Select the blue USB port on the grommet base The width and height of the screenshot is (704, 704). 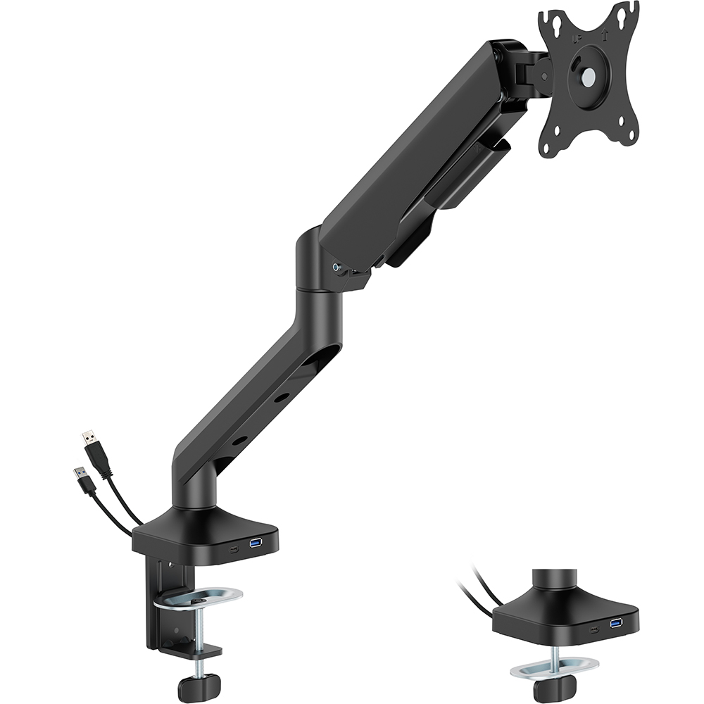pyautogui.click(x=617, y=624)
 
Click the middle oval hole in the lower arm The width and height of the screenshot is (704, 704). pyautogui.click(x=281, y=398)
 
